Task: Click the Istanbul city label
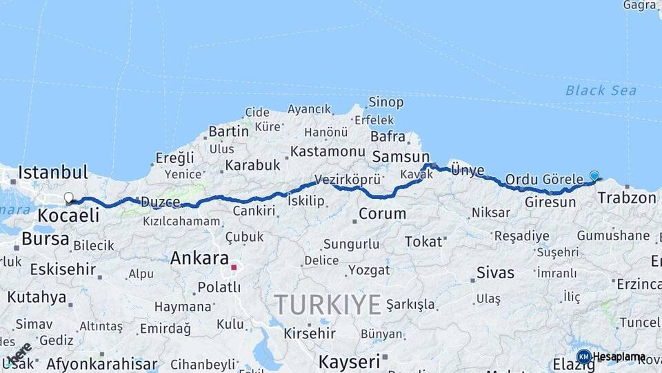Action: click(53, 172)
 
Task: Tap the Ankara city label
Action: click(199, 258)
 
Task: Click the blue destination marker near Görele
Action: click(594, 176)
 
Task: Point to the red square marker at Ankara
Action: click(234, 267)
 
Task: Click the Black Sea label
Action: click(601, 90)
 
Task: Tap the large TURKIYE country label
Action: click(328, 304)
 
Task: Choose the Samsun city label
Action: click(400, 157)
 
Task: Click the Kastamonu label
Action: click(327, 151)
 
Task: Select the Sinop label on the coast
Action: click(385, 102)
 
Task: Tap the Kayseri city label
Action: click(349, 361)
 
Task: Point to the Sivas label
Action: click(495, 272)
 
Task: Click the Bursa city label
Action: click(46, 239)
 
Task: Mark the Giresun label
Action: click(550, 202)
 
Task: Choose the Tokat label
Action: click(423, 241)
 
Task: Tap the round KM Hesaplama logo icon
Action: click(583, 357)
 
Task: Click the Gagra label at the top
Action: click(639, 6)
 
